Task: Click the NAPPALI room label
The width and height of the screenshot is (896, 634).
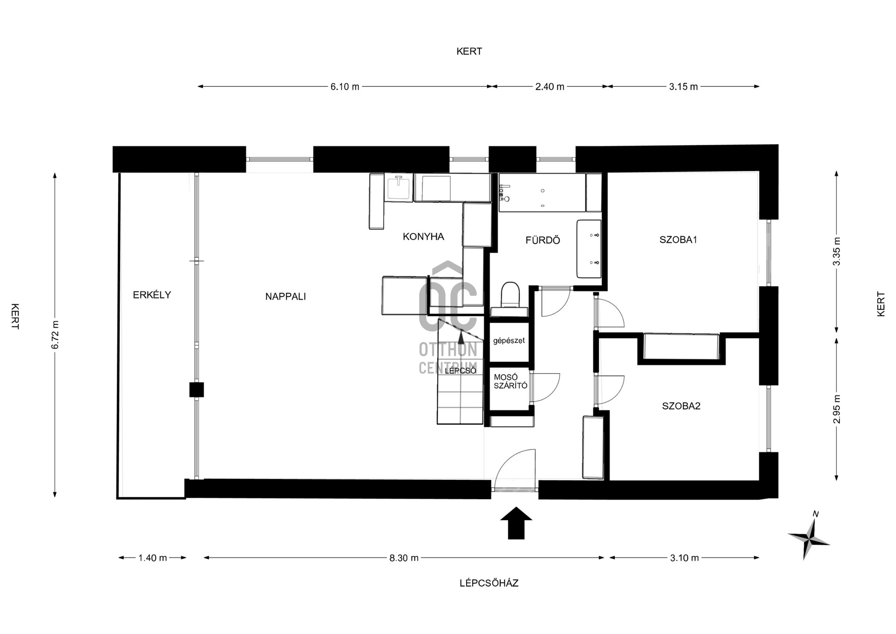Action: point(285,296)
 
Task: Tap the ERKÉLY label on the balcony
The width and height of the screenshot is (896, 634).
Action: point(152,295)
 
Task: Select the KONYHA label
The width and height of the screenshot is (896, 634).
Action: point(423,237)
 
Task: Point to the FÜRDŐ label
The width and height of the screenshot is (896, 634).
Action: point(542,240)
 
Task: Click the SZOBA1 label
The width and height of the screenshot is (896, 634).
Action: point(678,240)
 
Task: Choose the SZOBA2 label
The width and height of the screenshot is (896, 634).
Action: point(681,406)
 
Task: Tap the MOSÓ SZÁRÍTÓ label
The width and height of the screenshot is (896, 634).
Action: point(510,381)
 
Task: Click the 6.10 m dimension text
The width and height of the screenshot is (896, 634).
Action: point(345,87)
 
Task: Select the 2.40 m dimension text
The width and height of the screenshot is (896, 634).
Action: point(550,87)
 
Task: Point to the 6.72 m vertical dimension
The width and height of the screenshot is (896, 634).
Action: point(56,335)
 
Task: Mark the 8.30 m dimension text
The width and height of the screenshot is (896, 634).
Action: point(404,558)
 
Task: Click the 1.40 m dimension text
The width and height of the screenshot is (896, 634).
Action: point(153,558)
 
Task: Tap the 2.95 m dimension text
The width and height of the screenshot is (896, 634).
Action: point(837,409)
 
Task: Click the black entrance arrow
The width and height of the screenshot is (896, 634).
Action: point(516,523)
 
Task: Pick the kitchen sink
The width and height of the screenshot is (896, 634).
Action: point(399,188)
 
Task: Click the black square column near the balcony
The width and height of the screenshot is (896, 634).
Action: point(196,390)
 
